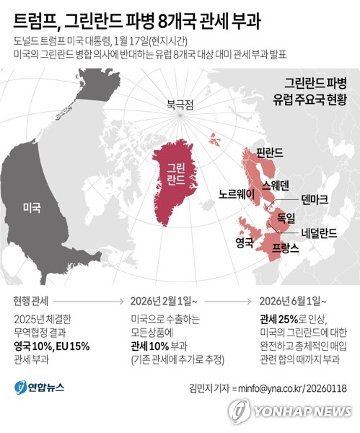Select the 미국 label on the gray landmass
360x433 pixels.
[x=32, y=207]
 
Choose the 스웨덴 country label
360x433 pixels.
[x=276, y=185]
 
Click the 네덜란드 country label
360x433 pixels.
[x=318, y=234]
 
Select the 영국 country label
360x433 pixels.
[x=245, y=242]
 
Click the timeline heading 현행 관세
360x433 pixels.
[x=32, y=300]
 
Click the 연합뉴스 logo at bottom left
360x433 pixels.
[x=41, y=388]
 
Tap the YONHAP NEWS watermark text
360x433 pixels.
[x=301, y=411]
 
